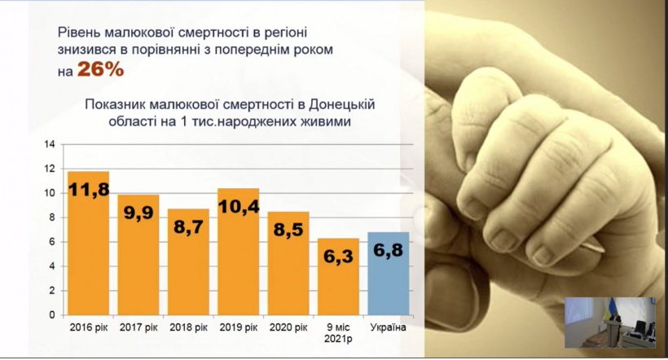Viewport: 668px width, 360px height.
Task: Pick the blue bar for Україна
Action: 389,273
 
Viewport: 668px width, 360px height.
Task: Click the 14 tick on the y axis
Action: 50,145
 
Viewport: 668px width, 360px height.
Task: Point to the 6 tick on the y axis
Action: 51,242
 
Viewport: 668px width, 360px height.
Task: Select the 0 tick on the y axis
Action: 51,314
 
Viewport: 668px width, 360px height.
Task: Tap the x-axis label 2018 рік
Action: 188,328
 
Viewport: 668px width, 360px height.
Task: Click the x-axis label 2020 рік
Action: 288,328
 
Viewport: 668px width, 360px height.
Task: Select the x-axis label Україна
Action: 389,328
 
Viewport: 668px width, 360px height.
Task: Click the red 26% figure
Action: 100,71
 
